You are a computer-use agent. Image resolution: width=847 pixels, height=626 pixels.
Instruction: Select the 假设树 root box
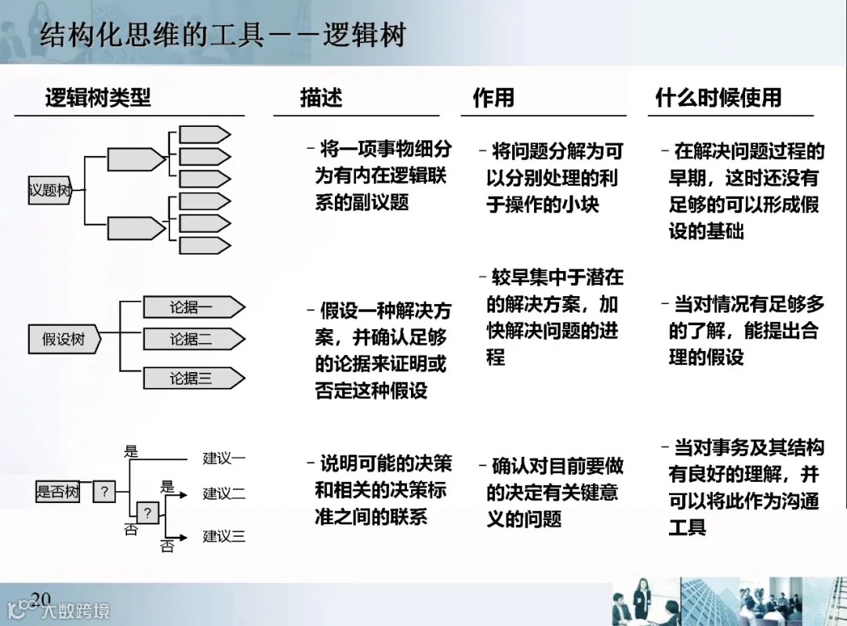pyautogui.click(x=64, y=339)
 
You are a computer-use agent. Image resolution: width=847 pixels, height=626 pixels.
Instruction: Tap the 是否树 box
pyautogui.click(x=57, y=492)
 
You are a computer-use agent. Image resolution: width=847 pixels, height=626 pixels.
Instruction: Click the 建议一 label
pyautogui.click(x=224, y=458)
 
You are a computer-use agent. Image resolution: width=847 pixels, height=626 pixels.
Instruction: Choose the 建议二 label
pyautogui.click(x=224, y=494)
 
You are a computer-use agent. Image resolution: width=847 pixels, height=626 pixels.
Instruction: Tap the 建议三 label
pyautogui.click(x=224, y=537)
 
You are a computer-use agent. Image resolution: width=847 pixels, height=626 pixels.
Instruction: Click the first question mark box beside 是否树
pyautogui.click(x=104, y=492)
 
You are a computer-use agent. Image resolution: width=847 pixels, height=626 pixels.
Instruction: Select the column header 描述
pyautogui.click(x=322, y=98)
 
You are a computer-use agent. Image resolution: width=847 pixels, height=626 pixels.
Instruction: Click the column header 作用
pyautogui.click(x=493, y=98)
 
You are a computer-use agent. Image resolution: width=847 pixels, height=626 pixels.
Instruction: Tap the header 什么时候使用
pyautogui.click(x=718, y=98)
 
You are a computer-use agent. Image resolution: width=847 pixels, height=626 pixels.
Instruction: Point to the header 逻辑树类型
pyautogui.click(x=98, y=98)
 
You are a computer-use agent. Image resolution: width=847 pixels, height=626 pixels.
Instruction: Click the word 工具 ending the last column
pyautogui.click(x=687, y=526)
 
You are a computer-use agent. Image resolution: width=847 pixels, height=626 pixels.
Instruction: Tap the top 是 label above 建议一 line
pyautogui.click(x=131, y=451)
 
